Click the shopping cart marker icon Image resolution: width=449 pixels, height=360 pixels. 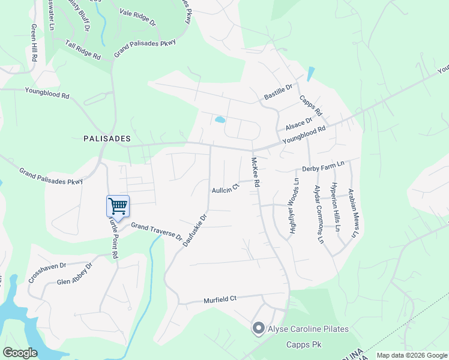pyautogui.click(x=118, y=206)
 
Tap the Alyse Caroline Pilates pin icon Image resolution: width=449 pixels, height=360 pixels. pyautogui.click(x=259, y=328)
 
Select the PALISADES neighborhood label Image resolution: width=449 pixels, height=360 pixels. pyautogui.click(x=107, y=139)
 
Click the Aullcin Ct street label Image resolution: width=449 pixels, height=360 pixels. pyautogui.click(x=225, y=188)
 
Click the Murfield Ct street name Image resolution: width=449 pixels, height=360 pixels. pyautogui.click(x=220, y=298)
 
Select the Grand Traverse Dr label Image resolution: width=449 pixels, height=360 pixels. pyautogui.click(x=157, y=232)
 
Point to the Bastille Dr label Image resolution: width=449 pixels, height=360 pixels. pyautogui.click(x=278, y=92)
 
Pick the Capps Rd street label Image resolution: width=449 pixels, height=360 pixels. pyautogui.click(x=311, y=106)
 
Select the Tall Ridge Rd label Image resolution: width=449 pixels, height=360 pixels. pyautogui.click(x=83, y=50)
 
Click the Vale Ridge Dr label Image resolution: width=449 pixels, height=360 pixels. pyautogui.click(x=137, y=17)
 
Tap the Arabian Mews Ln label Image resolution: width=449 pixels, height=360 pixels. pyautogui.click(x=352, y=214)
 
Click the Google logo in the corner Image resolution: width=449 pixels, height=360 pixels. pyautogui.click(x=20, y=353)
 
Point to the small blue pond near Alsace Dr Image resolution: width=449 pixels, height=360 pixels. pyautogui.click(x=220, y=119)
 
